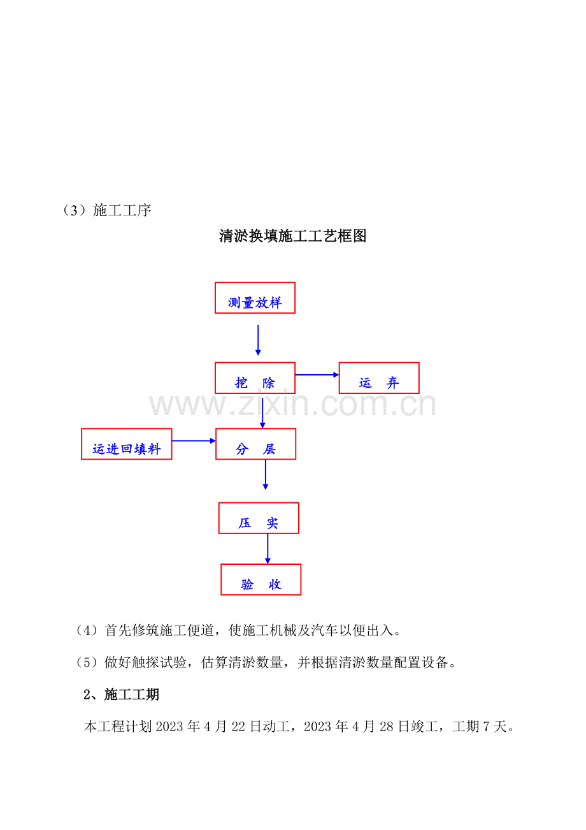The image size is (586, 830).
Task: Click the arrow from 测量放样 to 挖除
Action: (258, 340)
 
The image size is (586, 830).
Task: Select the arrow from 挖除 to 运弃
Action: (317, 375)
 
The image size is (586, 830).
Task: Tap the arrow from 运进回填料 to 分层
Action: (194, 440)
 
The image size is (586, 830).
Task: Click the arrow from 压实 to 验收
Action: (268, 549)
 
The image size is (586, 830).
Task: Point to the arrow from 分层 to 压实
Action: (266, 475)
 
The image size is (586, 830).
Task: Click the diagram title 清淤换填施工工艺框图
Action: (292, 236)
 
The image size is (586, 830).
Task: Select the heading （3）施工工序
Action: (107, 210)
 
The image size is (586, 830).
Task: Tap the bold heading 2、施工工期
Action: (122, 694)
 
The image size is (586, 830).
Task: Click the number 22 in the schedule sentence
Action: (238, 727)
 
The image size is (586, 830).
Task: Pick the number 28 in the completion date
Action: (386, 727)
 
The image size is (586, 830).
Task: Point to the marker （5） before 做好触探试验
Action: (87, 662)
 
